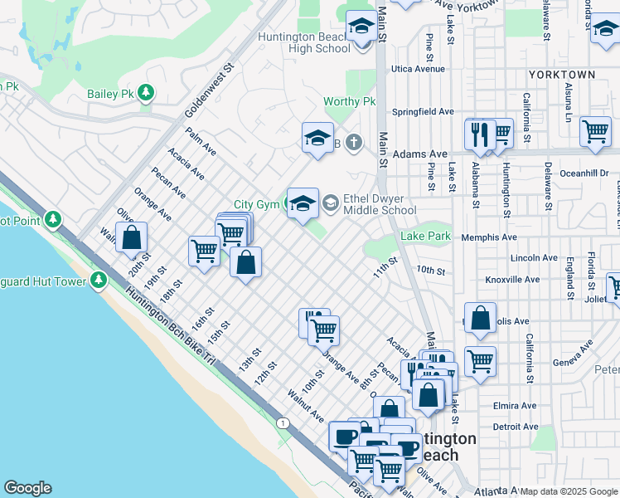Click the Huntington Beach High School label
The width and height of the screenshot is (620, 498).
point(304,42)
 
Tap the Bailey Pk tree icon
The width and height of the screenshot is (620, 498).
point(147,92)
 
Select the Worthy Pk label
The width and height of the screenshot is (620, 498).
point(350,102)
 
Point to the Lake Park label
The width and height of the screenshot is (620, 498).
point(425,237)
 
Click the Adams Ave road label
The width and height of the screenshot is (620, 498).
point(419,154)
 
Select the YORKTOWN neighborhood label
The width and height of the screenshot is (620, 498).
point(561,75)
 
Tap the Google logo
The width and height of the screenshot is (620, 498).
point(27,488)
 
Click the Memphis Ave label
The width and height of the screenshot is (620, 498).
point(512,237)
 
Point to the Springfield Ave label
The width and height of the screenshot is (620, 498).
point(423,111)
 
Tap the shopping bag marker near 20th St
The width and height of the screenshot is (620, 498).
point(132,237)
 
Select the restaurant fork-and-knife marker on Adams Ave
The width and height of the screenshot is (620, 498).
point(480,134)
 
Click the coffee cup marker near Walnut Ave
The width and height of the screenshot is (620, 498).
point(344,436)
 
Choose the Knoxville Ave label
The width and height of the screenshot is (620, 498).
point(512,280)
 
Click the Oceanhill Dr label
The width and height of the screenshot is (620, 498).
point(584,173)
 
